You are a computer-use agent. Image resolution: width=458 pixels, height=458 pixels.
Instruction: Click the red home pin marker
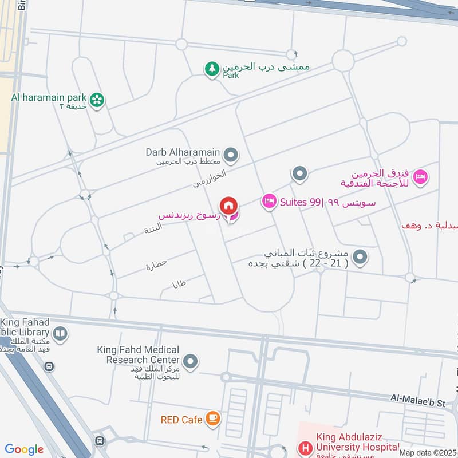point(228,205)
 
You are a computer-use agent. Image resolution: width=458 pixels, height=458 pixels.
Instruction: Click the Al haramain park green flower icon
point(98,100)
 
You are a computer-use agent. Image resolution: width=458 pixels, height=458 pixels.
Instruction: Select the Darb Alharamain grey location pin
point(231,155)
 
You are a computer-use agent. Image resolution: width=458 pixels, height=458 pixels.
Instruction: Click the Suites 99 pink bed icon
point(269,202)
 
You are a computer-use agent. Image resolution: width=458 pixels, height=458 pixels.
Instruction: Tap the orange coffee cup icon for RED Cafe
point(213,420)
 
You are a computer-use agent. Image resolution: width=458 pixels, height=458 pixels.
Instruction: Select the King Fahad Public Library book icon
point(60,333)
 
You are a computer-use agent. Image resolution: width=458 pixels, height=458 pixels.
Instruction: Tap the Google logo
point(24,449)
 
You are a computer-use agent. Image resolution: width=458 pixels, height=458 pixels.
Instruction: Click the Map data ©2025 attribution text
point(428,452)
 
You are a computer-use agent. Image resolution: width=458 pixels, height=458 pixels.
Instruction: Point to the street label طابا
point(179,283)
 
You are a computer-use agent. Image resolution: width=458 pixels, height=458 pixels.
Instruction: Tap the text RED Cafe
point(181,420)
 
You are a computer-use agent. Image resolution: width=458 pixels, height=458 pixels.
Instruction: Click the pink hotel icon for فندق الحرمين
point(421,177)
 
